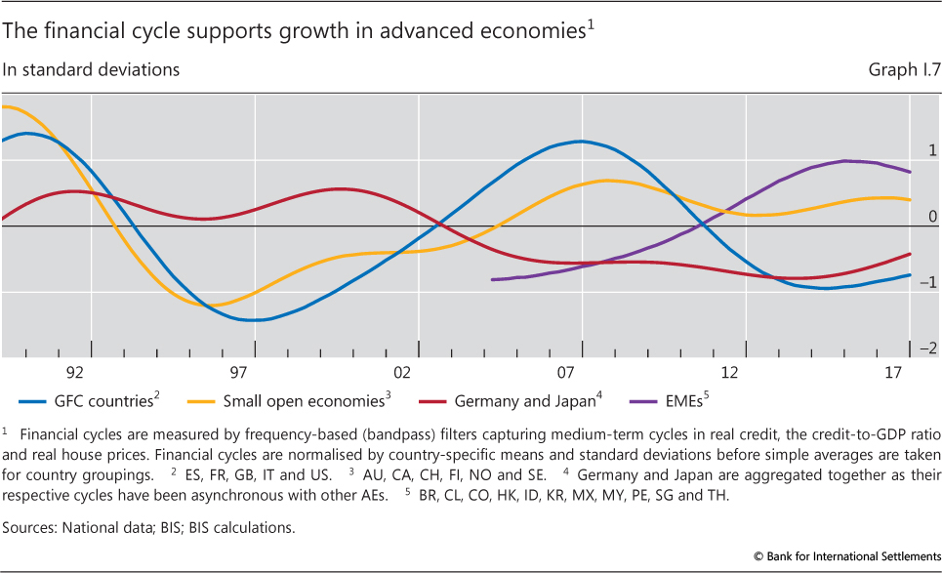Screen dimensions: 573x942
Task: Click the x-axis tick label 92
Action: click(x=74, y=374)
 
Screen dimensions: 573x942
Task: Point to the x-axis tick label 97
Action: click(x=238, y=374)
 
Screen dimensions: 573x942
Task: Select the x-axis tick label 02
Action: click(x=402, y=374)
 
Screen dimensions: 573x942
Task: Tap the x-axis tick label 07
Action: click(x=566, y=374)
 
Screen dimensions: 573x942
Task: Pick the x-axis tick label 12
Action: click(x=729, y=374)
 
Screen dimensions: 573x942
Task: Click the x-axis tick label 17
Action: click(x=893, y=374)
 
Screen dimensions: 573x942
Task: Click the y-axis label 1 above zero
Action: click(x=932, y=150)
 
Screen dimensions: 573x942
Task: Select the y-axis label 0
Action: click(x=932, y=216)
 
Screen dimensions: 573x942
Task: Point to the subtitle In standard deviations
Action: click(x=92, y=70)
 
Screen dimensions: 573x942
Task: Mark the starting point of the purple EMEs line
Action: click(x=492, y=280)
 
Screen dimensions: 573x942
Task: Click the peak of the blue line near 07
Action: click(x=582, y=142)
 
